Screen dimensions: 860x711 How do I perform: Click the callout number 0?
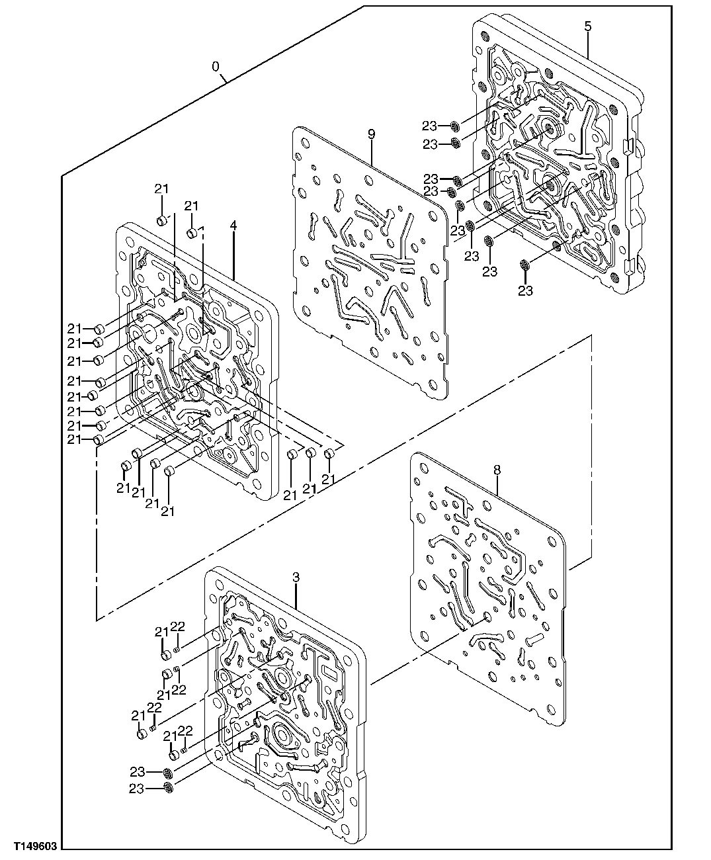pos(216,67)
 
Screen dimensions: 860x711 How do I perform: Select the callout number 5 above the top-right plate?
pos(588,26)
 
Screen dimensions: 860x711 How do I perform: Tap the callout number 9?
pos(372,134)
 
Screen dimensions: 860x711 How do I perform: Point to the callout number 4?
pos(233,225)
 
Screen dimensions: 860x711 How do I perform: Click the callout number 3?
pos(296,578)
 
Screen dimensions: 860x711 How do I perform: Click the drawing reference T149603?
pos(31,846)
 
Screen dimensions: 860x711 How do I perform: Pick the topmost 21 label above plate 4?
pos(162,189)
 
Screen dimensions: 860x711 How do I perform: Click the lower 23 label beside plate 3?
pos(137,789)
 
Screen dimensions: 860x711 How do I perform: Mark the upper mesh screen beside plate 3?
pos(168,772)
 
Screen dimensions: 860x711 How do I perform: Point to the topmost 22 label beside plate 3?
pos(177,626)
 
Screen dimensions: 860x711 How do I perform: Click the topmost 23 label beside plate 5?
pos(431,126)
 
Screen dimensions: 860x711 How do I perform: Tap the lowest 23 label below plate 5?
pos(525,290)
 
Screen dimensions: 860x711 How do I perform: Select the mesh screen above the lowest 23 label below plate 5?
pos(525,265)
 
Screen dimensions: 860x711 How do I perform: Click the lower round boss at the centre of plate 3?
pos(282,735)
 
